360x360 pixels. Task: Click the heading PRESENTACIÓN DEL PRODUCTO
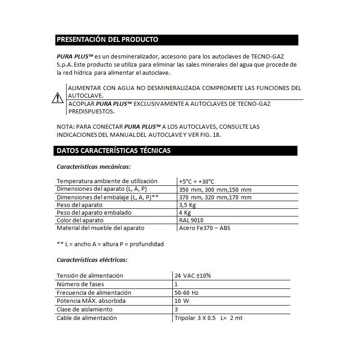click(x=107, y=40)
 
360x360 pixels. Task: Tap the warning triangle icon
click(x=57, y=97)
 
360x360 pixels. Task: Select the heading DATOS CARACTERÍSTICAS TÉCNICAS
click(x=113, y=151)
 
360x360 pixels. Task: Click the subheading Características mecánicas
click(x=94, y=166)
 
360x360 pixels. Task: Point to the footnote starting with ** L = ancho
click(x=110, y=244)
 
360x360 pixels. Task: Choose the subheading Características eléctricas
click(x=92, y=260)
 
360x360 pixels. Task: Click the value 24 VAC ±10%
click(x=193, y=275)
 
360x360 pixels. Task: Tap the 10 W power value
click(x=182, y=301)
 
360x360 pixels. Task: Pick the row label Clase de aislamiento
click(x=84, y=309)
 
